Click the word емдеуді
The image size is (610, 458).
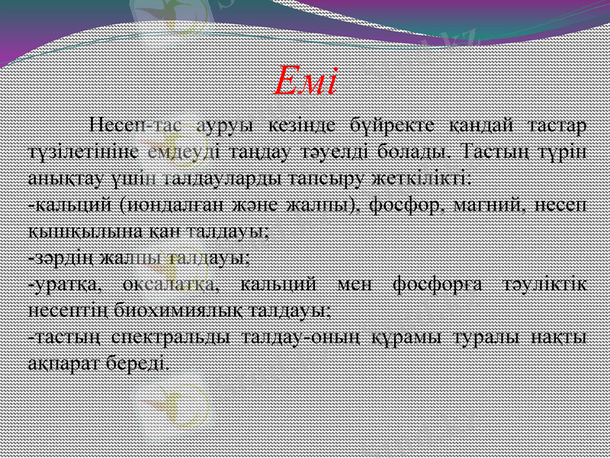click(179, 150)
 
